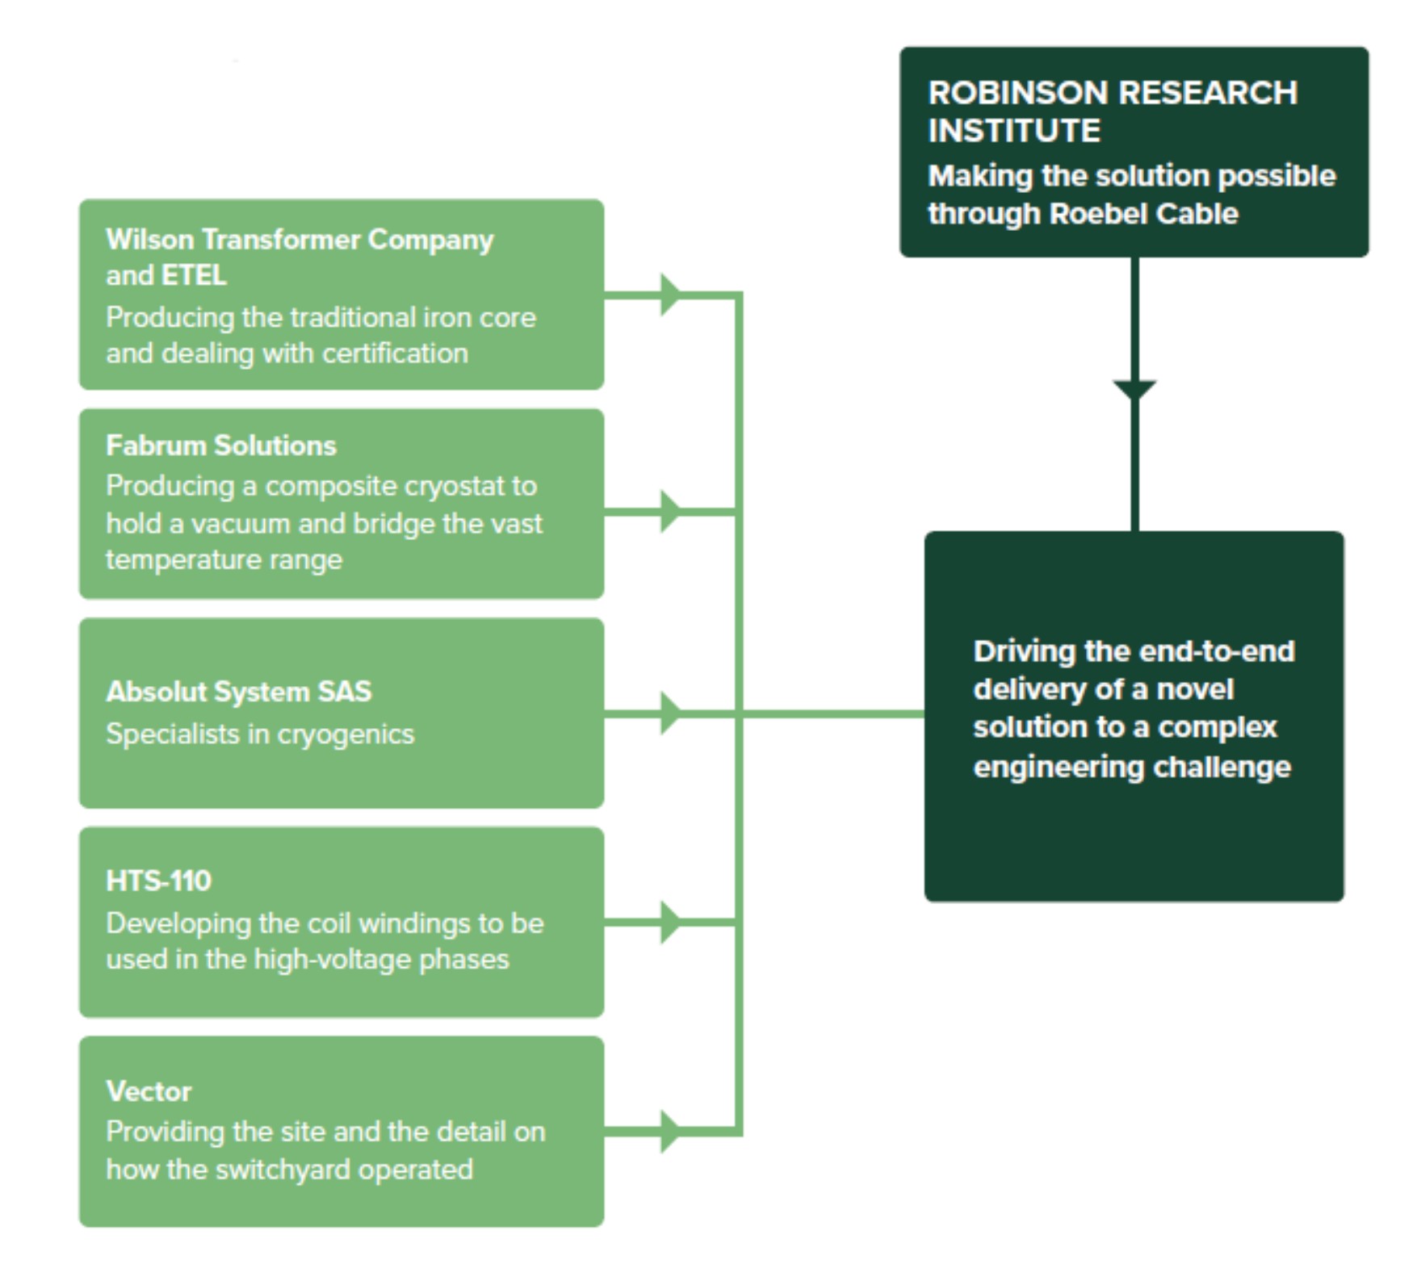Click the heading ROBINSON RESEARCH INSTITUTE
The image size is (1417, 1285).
(1112, 111)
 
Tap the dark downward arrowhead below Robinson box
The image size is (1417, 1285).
(1134, 389)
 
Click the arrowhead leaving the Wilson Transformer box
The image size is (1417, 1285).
(670, 295)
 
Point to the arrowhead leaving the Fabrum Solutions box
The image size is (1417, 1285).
(670, 511)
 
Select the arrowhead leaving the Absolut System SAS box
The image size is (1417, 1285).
(670, 713)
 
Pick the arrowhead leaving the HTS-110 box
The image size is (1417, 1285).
(670, 922)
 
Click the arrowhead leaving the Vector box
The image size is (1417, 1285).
(670, 1131)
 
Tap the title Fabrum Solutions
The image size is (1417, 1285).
(220, 446)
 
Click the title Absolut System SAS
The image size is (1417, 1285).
(238, 692)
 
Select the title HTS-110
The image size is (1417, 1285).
(158, 881)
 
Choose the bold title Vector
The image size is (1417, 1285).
(149, 1091)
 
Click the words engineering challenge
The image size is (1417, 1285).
(1131, 767)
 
